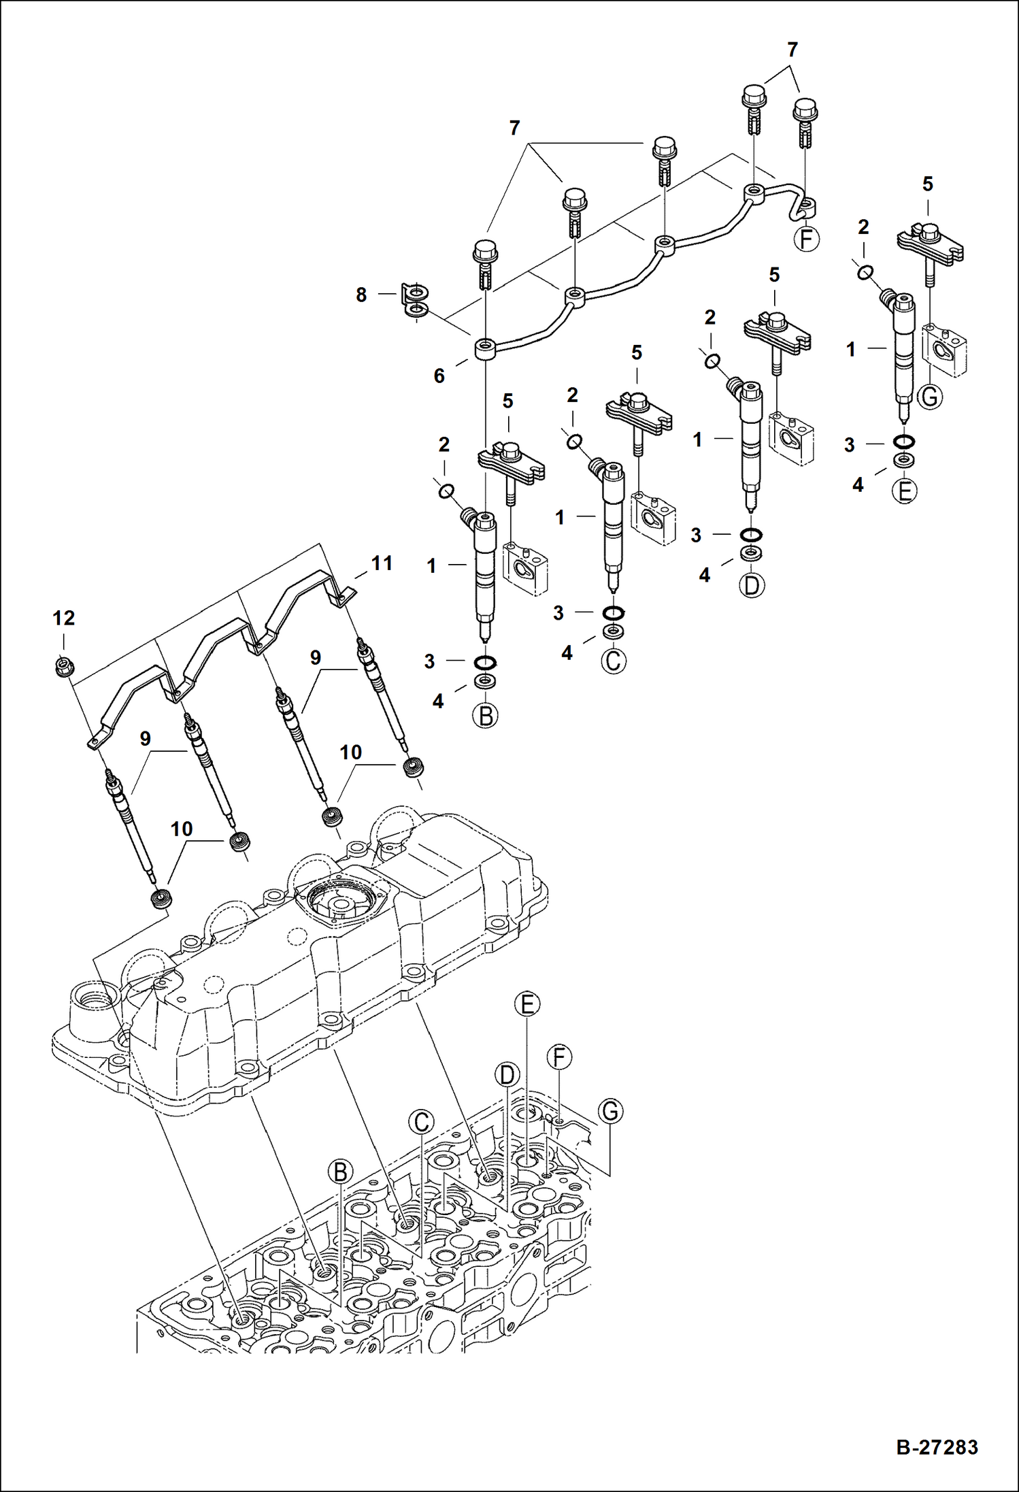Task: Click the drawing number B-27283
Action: (937, 1446)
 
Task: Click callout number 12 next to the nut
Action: (63, 618)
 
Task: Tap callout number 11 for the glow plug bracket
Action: (382, 563)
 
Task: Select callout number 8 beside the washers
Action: (361, 295)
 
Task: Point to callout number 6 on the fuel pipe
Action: (439, 376)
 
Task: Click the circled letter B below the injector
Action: (486, 716)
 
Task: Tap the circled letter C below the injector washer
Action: (614, 661)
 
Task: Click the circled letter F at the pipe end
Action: (807, 239)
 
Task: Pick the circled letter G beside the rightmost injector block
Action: (930, 396)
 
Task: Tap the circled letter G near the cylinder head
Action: (610, 1112)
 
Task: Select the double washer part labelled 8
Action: (414, 301)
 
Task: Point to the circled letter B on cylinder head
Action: (340, 1172)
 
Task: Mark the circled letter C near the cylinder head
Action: (421, 1122)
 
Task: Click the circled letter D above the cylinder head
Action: (507, 1075)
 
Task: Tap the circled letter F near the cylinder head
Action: (559, 1057)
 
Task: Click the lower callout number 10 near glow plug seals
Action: (181, 829)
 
